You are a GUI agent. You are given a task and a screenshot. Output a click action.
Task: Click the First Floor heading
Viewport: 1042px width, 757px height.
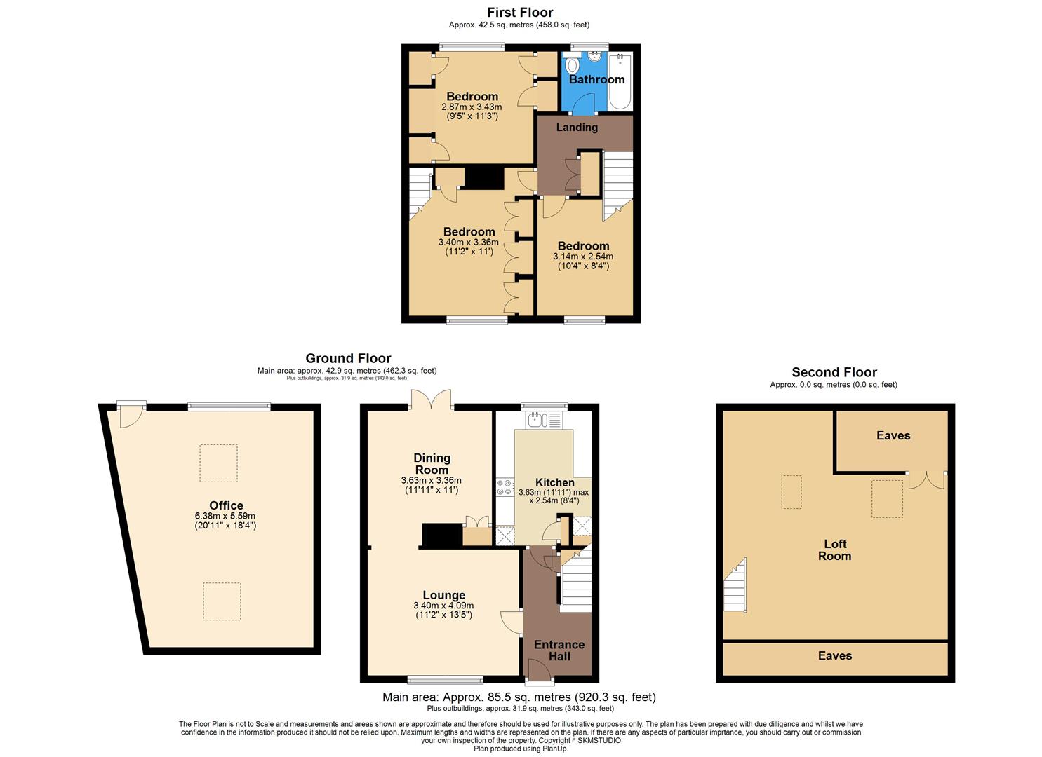click(x=520, y=13)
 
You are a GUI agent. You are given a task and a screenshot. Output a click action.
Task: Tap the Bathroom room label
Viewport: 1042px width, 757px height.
click(x=596, y=79)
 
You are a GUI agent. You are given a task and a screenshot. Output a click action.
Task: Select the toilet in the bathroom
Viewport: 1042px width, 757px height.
click(x=573, y=66)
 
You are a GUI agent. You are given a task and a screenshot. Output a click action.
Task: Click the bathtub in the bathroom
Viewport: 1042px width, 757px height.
click(x=620, y=81)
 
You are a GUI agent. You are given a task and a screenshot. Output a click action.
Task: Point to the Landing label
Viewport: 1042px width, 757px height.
click(x=577, y=127)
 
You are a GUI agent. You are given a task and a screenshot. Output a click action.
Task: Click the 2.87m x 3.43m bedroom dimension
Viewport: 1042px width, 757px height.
click(x=472, y=107)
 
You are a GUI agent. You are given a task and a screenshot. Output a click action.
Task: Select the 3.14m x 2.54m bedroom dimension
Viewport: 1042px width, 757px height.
click(x=582, y=257)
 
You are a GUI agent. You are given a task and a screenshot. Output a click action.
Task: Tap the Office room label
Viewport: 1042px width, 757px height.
click(x=226, y=505)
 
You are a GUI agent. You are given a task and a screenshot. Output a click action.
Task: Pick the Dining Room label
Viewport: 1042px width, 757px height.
click(x=432, y=463)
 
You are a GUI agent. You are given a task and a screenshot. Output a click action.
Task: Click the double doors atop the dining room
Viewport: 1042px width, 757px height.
click(x=431, y=400)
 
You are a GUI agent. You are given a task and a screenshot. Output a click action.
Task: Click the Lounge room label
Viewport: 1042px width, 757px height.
click(x=443, y=595)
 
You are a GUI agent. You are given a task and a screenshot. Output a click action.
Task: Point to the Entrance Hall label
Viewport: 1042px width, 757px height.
click(x=559, y=650)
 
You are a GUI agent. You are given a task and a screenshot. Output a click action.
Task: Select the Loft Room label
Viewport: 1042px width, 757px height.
click(x=834, y=550)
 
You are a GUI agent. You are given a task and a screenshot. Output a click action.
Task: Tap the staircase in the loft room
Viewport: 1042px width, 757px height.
click(x=735, y=586)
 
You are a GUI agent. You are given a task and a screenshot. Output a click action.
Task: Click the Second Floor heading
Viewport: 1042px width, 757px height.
click(x=834, y=372)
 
